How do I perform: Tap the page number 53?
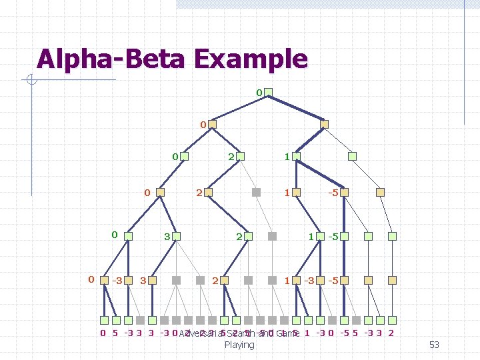point(434,345)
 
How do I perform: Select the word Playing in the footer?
point(239,345)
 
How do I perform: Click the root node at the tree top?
point(268,92)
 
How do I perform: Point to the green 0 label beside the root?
point(259,91)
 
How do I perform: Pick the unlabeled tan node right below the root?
point(325,124)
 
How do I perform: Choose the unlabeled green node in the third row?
point(353,157)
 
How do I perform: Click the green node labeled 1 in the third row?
point(297,157)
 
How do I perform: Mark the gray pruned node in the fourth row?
point(256,192)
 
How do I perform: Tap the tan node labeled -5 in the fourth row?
point(344,192)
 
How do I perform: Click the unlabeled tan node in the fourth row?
point(381,192)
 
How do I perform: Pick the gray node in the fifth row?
point(272,236)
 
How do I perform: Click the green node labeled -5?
point(344,236)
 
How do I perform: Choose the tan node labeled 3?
point(155,280)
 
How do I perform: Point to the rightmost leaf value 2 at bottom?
point(391,333)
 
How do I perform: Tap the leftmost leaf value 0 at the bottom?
point(103,333)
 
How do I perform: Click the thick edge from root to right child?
point(297,108)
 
